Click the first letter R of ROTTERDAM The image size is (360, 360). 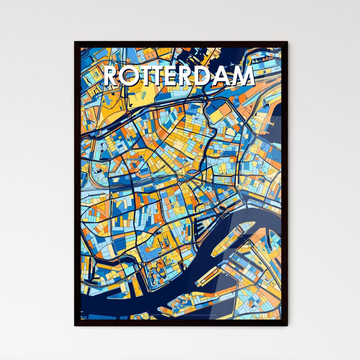pos(112,76)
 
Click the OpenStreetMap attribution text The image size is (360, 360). pos(200,315)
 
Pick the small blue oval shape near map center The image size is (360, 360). pos(192,172)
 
